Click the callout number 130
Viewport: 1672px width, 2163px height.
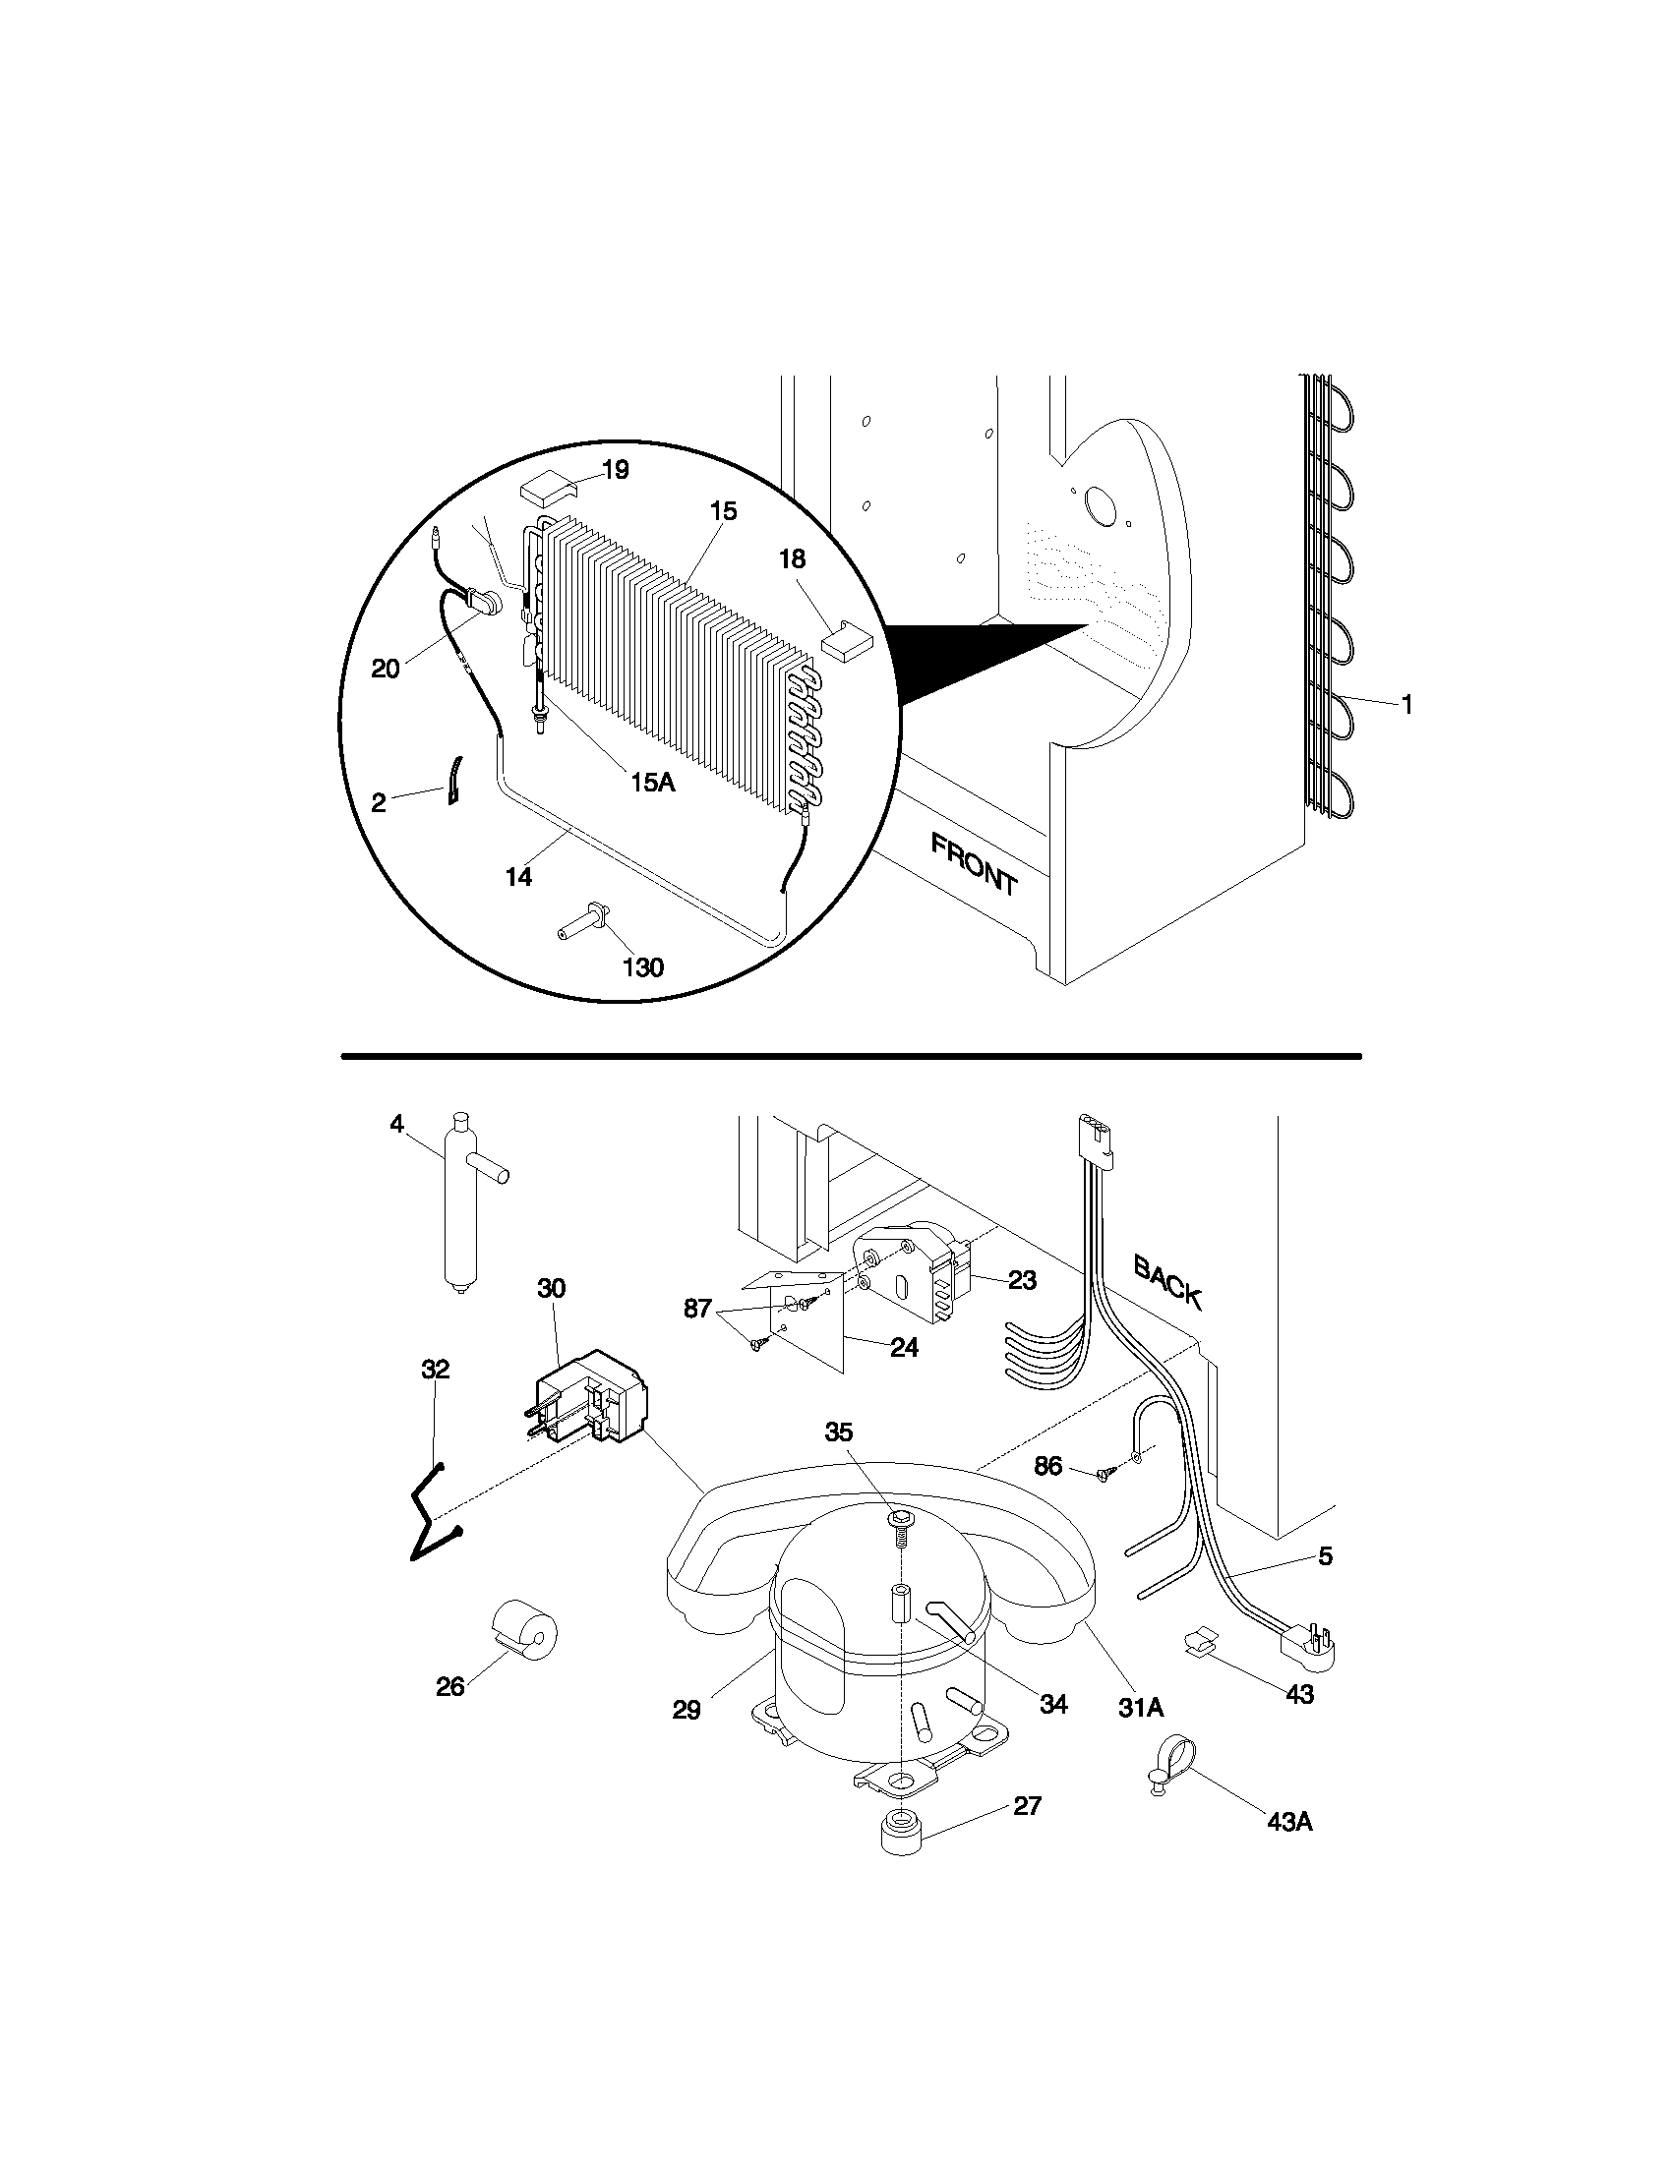pos(642,966)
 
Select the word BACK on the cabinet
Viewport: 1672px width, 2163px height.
pos(1167,1281)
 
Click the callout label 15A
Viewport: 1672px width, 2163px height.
pos(652,783)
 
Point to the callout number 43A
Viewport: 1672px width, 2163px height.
pos(1289,1821)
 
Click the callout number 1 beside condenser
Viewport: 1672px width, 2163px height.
pos(1406,704)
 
